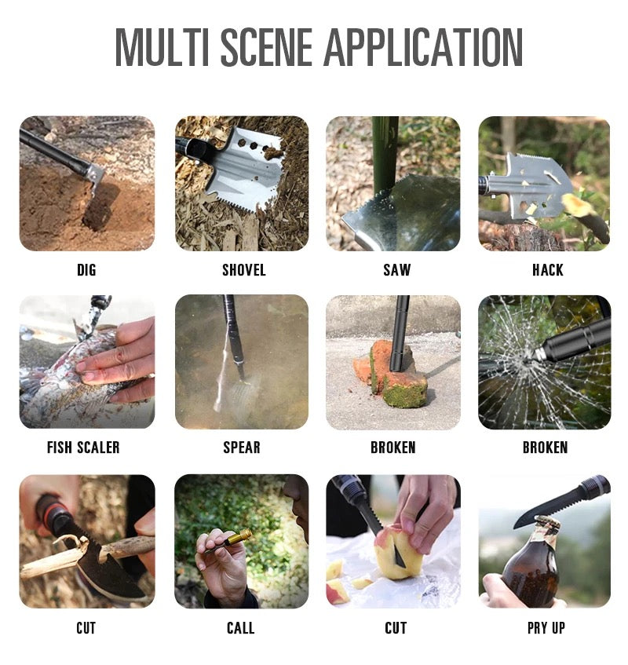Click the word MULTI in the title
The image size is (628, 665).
[x=162, y=47]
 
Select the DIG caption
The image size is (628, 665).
[x=86, y=270]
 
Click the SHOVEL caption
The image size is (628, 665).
[x=244, y=270]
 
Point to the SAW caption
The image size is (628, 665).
[x=397, y=270]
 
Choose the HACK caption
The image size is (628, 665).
[x=548, y=270]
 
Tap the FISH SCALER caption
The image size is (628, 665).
[x=83, y=448]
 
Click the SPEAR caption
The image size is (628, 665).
[x=242, y=448]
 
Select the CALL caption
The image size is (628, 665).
[x=240, y=628]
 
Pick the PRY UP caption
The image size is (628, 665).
[x=546, y=628]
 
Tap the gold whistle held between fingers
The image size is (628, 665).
[x=237, y=538]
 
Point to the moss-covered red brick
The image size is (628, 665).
[x=392, y=375]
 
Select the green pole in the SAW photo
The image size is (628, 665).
[x=385, y=155]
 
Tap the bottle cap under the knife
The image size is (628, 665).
[x=546, y=523]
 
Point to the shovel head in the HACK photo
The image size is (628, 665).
[x=530, y=185]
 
